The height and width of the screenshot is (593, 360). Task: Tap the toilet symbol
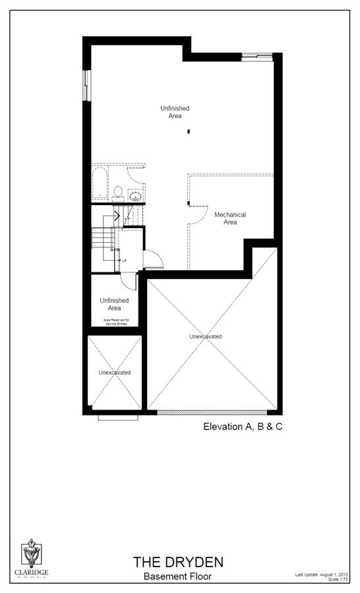point(118,193)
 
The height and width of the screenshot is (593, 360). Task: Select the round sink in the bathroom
point(136,196)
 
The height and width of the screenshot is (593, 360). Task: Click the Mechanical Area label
point(230,218)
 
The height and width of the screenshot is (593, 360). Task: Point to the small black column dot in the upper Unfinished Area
point(189,132)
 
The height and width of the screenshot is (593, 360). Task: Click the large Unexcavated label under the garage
point(206,336)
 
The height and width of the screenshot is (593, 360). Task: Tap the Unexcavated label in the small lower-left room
point(115,373)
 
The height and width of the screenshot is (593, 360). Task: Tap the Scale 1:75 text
point(338,580)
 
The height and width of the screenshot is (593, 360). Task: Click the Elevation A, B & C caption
point(243,427)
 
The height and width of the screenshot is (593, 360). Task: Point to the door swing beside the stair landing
point(152,259)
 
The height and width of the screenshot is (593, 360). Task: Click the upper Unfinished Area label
point(170,111)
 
